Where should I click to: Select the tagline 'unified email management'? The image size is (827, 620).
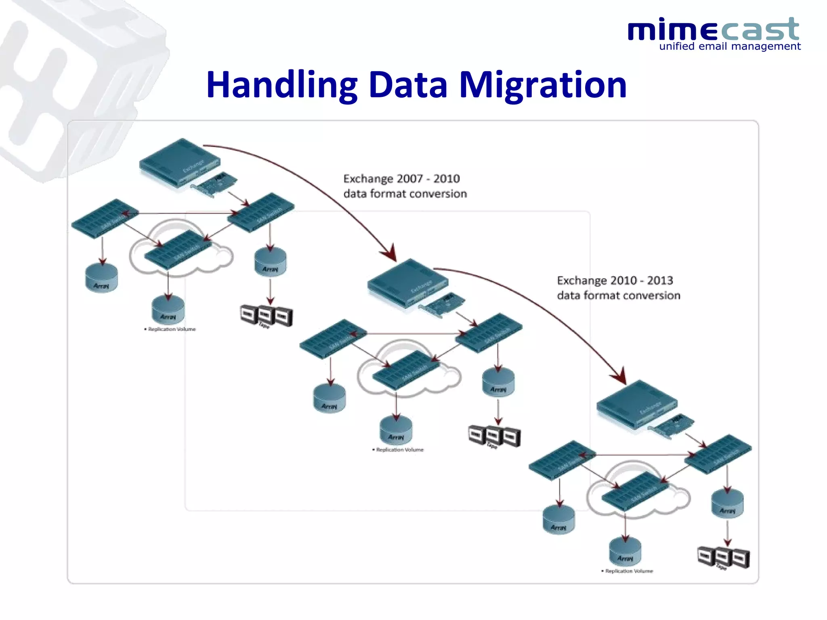click(x=729, y=46)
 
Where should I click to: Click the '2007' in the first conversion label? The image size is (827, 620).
click(x=410, y=178)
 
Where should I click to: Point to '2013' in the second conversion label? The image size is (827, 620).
click(x=660, y=280)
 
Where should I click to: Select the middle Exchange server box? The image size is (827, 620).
click(x=408, y=283)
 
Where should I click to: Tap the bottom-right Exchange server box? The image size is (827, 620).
click(x=637, y=404)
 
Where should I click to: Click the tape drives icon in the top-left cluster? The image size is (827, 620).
click(x=267, y=316)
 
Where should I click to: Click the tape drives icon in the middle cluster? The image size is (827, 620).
click(x=494, y=436)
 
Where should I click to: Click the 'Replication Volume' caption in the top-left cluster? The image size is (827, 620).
click(x=171, y=329)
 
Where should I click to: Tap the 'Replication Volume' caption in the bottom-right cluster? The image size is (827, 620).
click(x=628, y=571)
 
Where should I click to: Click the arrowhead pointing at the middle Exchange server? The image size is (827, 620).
click(x=390, y=253)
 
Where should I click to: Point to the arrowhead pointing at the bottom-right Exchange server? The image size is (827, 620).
click(x=620, y=376)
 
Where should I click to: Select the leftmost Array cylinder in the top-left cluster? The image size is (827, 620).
click(x=102, y=279)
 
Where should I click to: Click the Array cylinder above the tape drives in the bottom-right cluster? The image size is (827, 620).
click(x=727, y=503)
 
